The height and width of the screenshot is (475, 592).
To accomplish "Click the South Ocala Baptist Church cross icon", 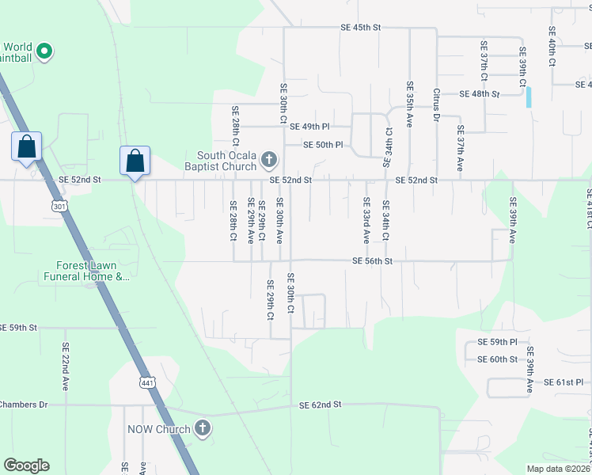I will click(268, 161).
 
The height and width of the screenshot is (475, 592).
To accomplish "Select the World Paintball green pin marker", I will click(44, 53).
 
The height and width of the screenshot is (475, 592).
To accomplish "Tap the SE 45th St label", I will click(360, 28).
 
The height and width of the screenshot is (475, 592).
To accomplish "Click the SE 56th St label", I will click(372, 261).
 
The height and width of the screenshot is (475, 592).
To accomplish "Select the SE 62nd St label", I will click(320, 405).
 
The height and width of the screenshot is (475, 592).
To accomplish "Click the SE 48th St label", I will click(480, 93).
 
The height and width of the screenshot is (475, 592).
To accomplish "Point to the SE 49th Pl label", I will click(309, 127).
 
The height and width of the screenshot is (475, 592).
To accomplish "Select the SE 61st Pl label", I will click(563, 382).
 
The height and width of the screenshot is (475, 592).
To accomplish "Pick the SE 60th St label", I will click(497, 359).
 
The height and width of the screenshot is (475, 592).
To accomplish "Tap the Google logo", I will click(26, 465).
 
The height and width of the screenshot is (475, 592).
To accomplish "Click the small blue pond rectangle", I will click(529, 97).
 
